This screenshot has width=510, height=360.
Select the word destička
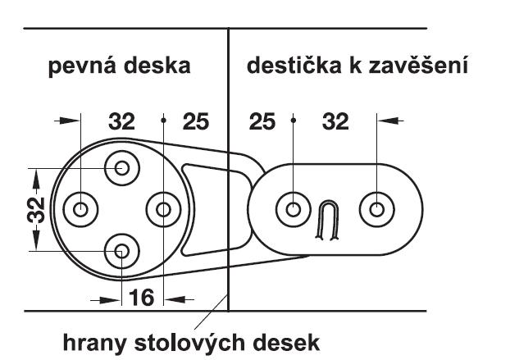(294, 66)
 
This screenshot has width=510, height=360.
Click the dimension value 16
(142, 297)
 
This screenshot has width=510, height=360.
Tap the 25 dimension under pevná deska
(195, 122)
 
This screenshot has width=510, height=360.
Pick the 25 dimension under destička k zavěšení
(262, 122)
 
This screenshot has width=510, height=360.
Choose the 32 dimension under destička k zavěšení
(335, 122)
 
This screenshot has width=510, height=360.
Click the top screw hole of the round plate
(122, 167)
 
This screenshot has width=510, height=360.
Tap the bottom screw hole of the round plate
(122, 251)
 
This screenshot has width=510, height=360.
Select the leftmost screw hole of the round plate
(81, 209)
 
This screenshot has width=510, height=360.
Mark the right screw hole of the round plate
(163, 209)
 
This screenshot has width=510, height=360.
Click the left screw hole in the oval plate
(293, 209)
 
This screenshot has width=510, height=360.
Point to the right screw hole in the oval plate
(376, 209)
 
